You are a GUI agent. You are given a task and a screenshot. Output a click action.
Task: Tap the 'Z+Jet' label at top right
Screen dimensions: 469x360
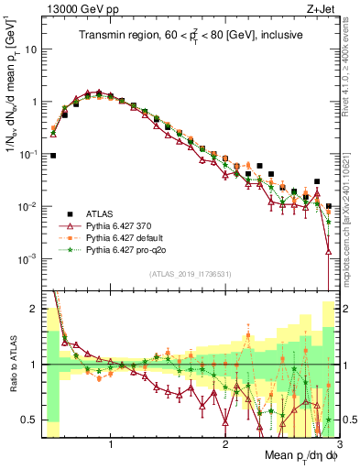click(x=322, y=10)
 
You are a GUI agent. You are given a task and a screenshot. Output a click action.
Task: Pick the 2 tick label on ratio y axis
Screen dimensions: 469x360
click(x=35, y=309)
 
